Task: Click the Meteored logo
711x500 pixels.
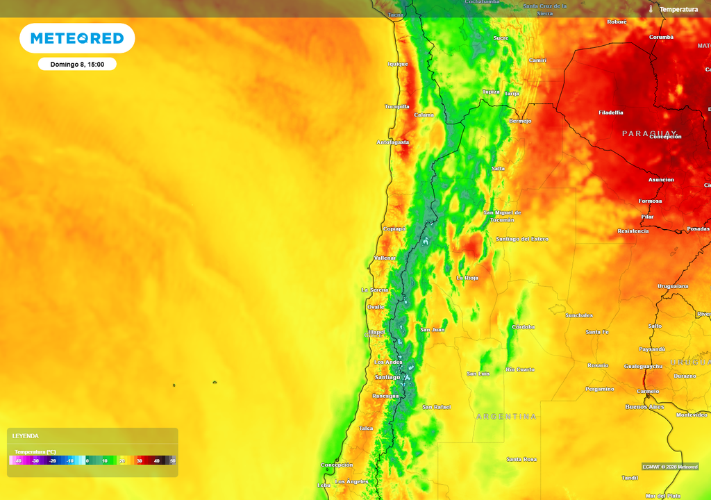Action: click(77, 38)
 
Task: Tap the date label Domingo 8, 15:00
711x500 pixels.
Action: click(77, 64)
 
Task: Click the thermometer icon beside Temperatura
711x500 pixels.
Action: click(651, 9)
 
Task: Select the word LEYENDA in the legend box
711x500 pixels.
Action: click(26, 436)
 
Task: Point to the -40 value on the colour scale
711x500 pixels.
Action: click(18, 460)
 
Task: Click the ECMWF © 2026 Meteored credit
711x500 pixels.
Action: click(670, 467)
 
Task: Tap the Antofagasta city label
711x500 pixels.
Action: click(393, 142)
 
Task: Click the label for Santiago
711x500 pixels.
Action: click(387, 377)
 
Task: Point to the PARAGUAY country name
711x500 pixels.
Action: click(649, 133)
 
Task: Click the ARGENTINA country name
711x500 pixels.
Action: click(507, 416)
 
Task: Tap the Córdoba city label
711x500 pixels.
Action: click(522, 326)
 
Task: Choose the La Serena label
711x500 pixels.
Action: click(374, 290)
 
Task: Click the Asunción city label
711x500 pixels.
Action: click(661, 180)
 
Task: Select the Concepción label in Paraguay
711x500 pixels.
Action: click(665, 137)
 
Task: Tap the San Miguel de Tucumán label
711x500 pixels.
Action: click(502, 216)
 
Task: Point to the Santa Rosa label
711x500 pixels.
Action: click(521, 459)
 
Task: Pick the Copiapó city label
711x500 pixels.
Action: click(394, 228)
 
